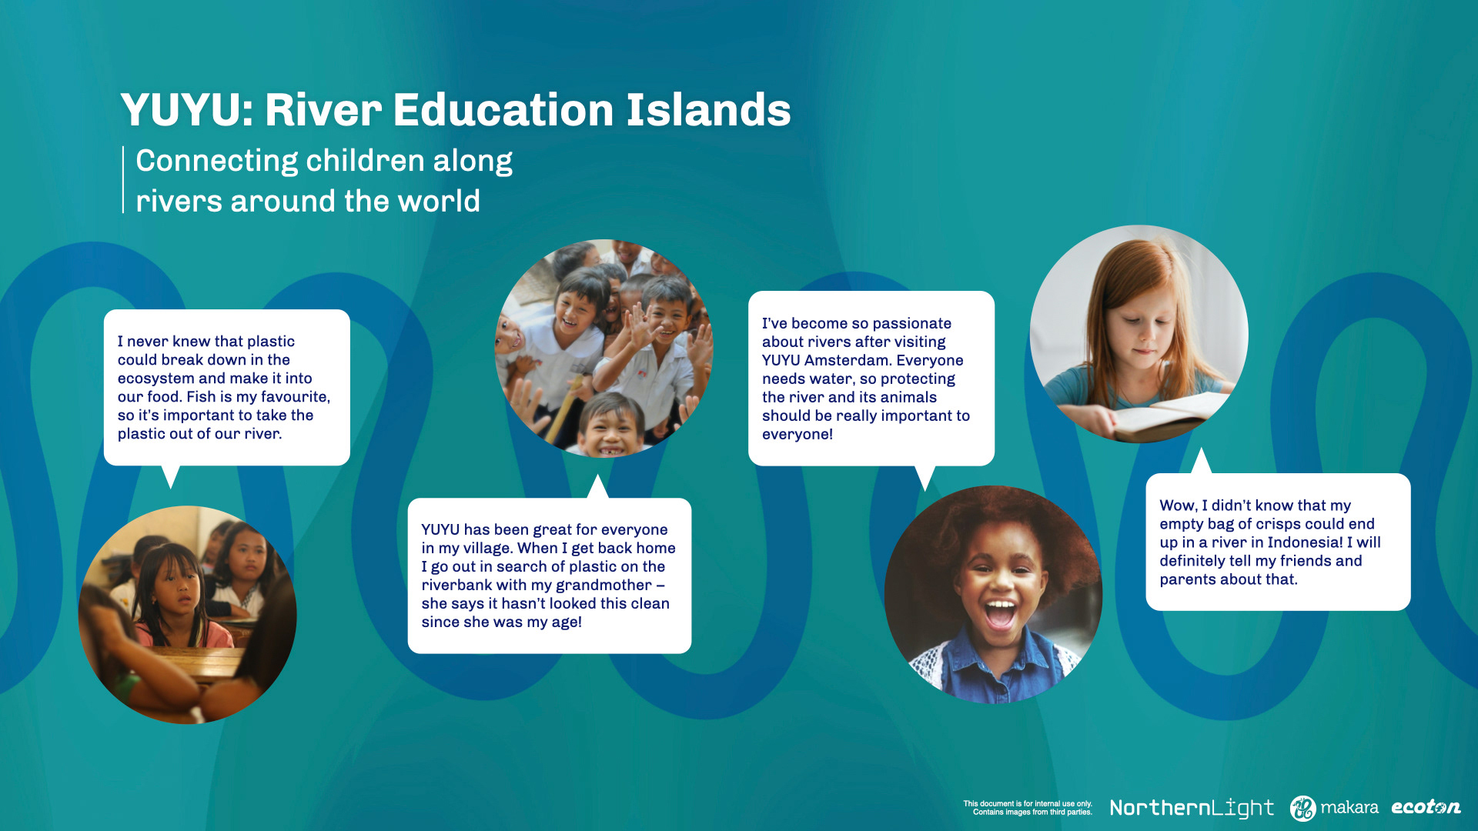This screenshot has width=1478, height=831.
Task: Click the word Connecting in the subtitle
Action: click(217, 162)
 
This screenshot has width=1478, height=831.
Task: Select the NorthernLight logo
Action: click(1192, 808)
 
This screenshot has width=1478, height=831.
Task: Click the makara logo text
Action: click(1349, 807)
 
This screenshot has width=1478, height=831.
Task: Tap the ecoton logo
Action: click(1426, 807)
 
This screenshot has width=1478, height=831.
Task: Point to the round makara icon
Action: click(1303, 808)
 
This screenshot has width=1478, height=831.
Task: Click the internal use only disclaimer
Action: click(1028, 807)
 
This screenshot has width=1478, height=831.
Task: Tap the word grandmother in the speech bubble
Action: click(603, 586)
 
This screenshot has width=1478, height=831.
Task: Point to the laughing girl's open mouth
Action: click(1000, 615)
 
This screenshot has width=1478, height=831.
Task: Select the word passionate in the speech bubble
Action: click(911, 324)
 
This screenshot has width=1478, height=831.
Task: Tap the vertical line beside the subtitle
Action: click(123, 179)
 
